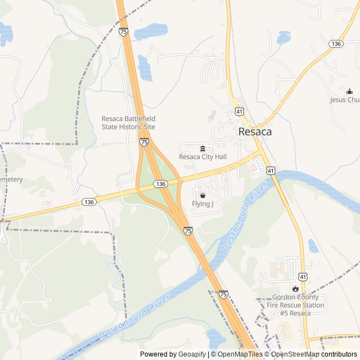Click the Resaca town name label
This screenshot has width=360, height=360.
click(255, 132)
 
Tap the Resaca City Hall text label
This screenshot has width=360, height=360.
click(202, 157)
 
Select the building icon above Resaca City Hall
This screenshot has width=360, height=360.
click(202, 148)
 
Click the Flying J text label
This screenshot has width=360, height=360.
click(202, 204)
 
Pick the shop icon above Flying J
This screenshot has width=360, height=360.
click(202, 195)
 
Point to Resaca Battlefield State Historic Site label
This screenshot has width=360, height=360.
click(128, 123)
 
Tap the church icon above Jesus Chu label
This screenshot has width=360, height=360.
click(349, 92)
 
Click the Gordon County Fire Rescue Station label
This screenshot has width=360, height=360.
click(295, 305)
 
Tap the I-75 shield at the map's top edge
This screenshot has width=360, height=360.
click(123, 32)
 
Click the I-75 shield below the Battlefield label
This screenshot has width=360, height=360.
click(145, 142)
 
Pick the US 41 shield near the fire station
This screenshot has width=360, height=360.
click(303, 276)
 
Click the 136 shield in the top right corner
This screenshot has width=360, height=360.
click(336, 43)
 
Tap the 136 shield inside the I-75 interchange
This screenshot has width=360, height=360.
click(160, 184)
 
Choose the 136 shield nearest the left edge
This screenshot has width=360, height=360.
click(88, 201)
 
